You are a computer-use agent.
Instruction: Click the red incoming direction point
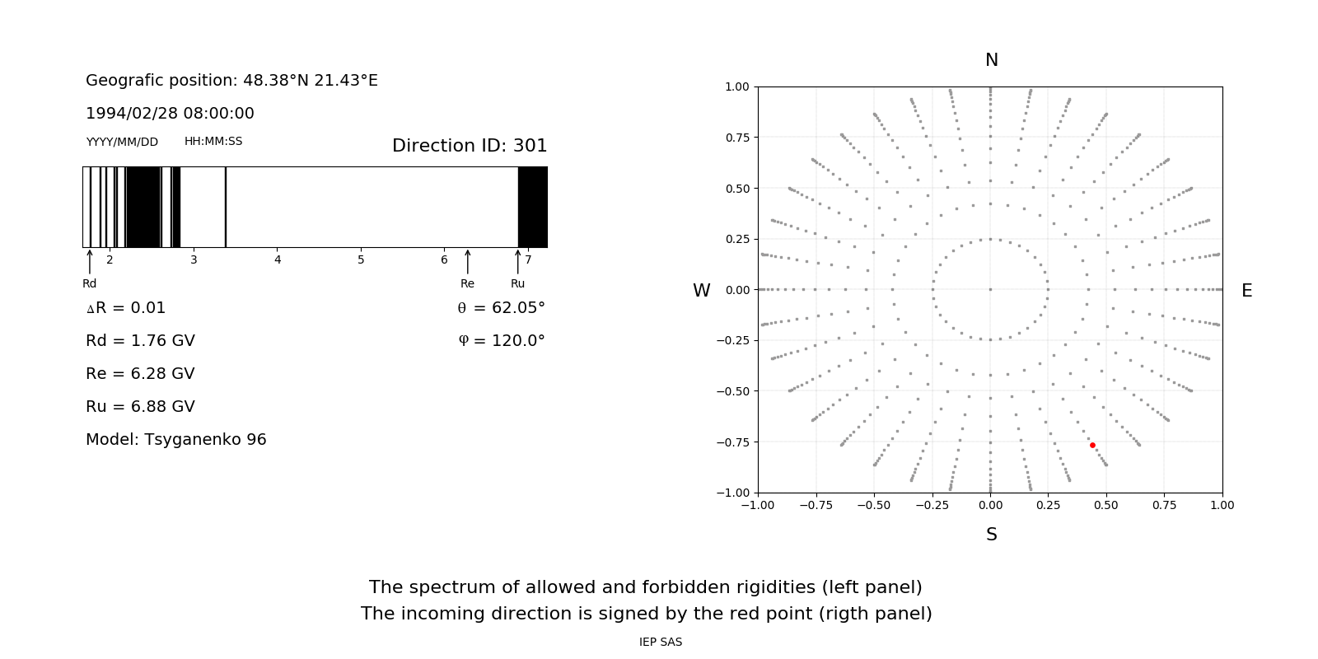(x=1092, y=445)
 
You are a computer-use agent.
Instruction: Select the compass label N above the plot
(x=992, y=60)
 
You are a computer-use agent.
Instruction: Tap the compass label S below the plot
(x=992, y=535)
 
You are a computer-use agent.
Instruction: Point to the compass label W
(x=701, y=291)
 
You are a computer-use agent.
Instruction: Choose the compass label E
(x=1246, y=291)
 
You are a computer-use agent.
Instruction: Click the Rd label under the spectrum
(x=89, y=283)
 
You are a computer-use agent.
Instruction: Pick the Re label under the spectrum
(x=467, y=283)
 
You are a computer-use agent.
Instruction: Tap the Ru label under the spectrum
(x=517, y=283)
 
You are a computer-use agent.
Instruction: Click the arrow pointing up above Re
(x=468, y=262)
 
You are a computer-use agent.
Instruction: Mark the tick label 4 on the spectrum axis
(x=278, y=259)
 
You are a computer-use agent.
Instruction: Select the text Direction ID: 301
(x=470, y=146)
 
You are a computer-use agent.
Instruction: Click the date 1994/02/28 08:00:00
(x=170, y=113)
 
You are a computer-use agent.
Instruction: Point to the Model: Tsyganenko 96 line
(x=176, y=439)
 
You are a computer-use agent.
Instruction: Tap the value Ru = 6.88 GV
(x=140, y=406)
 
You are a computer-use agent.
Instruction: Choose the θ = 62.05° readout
(x=501, y=308)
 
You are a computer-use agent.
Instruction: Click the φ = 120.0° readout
(x=502, y=341)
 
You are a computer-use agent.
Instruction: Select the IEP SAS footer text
(x=661, y=642)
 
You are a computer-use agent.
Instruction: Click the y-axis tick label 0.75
(x=737, y=138)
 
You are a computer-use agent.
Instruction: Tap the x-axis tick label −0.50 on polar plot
(x=874, y=505)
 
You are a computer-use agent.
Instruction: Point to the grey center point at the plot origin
(x=990, y=289)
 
